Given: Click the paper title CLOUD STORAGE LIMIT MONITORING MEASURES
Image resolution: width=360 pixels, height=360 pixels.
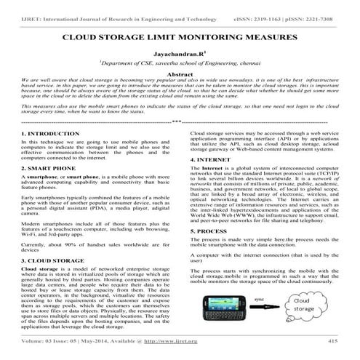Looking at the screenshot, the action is click(x=180, y=35).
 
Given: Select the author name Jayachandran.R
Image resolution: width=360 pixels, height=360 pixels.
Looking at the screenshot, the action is click(x=180, y=53).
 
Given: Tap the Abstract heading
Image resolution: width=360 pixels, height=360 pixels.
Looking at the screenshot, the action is click(x=180, y=74).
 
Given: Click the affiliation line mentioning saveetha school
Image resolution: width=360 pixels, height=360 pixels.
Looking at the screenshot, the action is click(x=180, y=63).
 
